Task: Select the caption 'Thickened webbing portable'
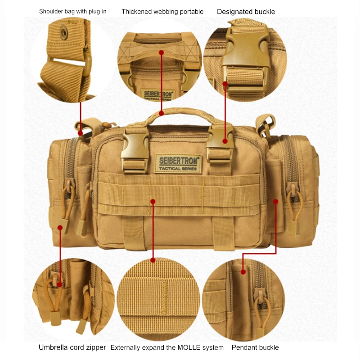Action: click(162, 11)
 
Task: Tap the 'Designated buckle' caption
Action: click(246, 11)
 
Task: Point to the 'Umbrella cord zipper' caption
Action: click(72, 347)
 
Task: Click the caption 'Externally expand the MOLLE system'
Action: click(167, 347)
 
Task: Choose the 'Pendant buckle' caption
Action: click(255, 347)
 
